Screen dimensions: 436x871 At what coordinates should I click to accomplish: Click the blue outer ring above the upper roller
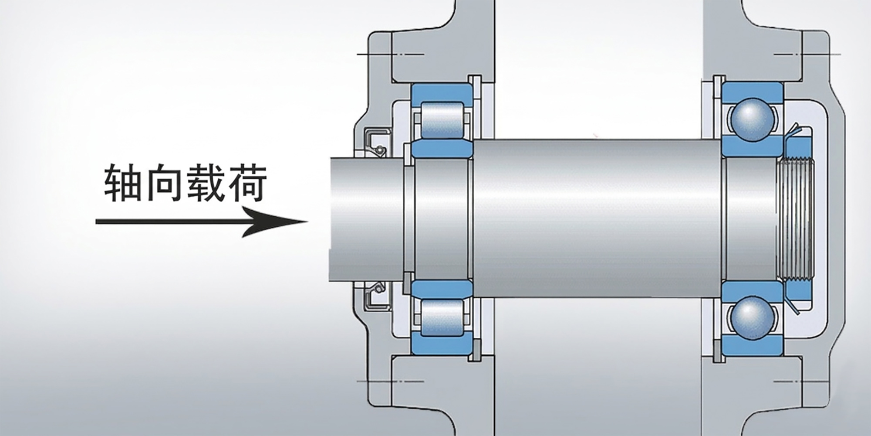pyautogui.click(x=442, y=92)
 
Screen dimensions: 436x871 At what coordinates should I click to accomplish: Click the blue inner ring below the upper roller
pyautogui.click(x=442, y=149)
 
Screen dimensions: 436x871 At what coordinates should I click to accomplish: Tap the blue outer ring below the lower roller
pyautogui.click(x=442, y=346)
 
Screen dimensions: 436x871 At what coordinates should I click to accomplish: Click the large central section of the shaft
pyautogui.click(x=597, y=218)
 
